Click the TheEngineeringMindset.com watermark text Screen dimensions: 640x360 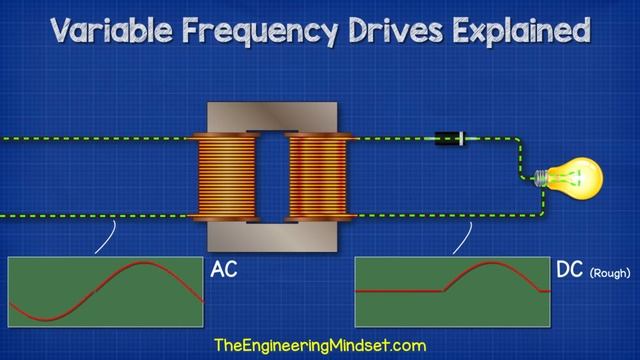click(320, 345)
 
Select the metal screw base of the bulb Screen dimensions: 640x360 click(543, 178)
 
